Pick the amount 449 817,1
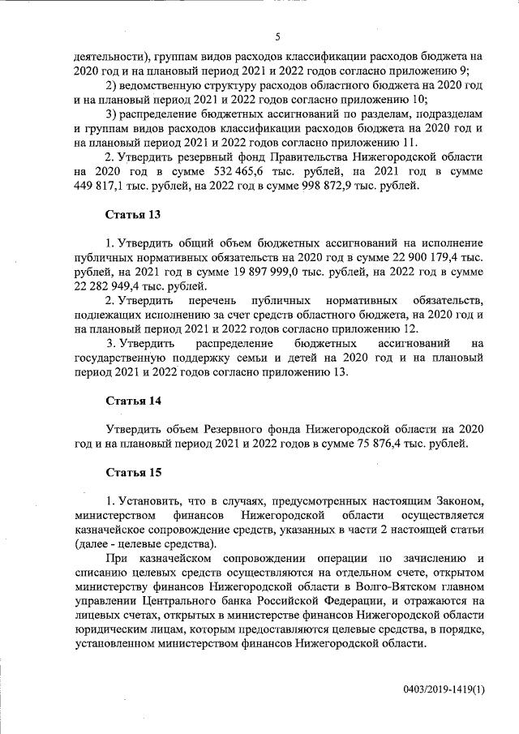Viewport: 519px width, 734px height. pos(99,187)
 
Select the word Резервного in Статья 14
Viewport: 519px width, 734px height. pos(242,428)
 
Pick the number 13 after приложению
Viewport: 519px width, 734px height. pos(337,372)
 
